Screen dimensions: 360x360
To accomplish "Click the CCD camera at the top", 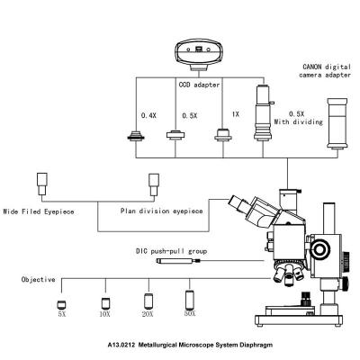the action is (199, 56).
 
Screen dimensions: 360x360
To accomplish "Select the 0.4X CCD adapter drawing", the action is (136, 136).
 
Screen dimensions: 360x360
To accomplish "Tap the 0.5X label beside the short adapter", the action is (190, 116).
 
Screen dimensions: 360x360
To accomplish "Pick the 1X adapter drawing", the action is (223, 134).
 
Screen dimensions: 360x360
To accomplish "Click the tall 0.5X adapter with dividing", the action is (264, 112).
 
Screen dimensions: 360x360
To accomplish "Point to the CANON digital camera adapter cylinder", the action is (337, 123).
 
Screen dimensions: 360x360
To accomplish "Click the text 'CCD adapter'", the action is (199, 85).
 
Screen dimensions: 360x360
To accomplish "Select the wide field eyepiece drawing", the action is (42, 184).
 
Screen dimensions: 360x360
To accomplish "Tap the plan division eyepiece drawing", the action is (154, 184).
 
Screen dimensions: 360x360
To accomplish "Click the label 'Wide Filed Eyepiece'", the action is (39, 211).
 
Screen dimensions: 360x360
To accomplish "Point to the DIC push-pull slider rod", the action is (179, 261).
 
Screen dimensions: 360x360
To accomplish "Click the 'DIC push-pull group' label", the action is (171, 251).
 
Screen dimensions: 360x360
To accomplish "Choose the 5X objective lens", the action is (61, 305).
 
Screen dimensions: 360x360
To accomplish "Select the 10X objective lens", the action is (105, 303).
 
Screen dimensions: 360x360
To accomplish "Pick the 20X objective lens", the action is (148, 301).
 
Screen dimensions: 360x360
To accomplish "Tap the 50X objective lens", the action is (190, 300).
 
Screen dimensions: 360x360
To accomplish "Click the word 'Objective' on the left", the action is (39, 280).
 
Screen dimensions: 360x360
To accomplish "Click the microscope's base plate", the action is (299, 320).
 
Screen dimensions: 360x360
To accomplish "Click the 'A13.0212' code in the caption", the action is (121, 345).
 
